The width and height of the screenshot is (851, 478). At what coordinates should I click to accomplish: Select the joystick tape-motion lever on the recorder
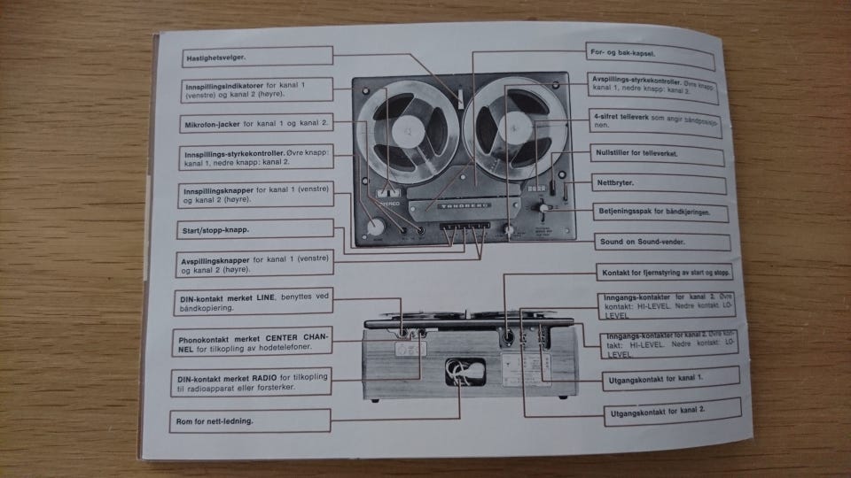pos(541,211)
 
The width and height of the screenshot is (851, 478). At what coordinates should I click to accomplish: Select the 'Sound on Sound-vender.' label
pos(642,241)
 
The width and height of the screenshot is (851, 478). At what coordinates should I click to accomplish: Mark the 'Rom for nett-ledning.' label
pos(218,420)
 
